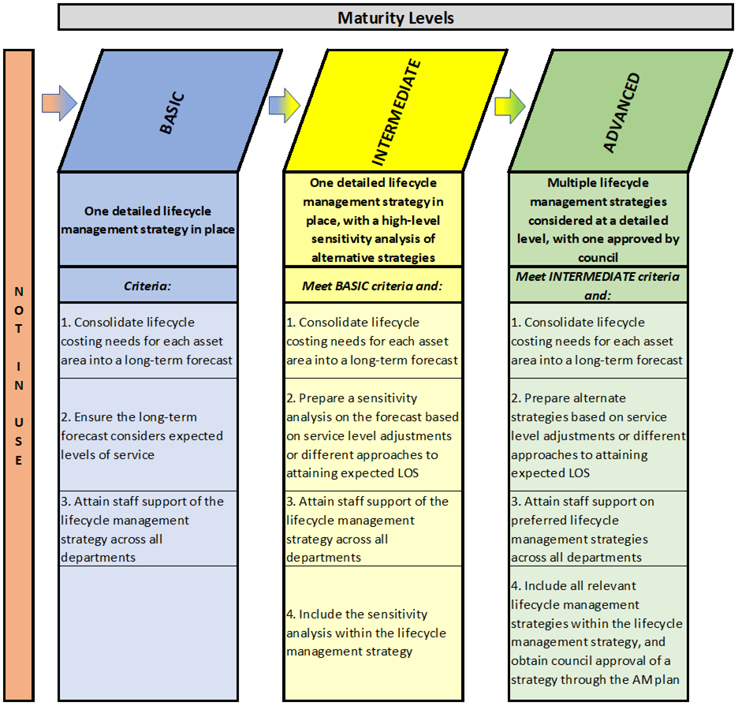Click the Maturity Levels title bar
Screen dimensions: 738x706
click(395, 17)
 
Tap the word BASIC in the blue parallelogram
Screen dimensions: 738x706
click(172, 113)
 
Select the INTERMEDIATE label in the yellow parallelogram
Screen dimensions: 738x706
click(397, 112)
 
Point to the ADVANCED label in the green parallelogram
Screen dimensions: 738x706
click(622, 113)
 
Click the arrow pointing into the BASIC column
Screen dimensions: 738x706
click(59, 103)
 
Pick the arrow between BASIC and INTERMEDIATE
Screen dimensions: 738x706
click(285, 106)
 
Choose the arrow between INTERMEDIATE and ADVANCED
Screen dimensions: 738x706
click(509, 106)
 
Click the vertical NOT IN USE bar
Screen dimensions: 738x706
click(19, 375)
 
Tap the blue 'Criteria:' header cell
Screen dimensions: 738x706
click(147, 286)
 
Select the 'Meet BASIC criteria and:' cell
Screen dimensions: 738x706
click(373, 286)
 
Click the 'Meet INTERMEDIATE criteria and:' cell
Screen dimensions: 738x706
click(598, 286)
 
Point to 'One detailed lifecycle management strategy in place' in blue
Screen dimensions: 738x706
click(147, 219)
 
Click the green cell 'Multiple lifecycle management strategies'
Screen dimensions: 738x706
click(598, 219)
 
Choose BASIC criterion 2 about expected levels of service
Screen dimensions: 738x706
click(147, 435)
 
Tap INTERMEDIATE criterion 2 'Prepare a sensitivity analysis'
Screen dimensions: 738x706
click(373, 435)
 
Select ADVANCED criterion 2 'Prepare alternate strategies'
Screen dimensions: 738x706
click(598, 435)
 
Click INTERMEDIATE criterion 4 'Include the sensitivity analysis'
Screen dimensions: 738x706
click(373, 633)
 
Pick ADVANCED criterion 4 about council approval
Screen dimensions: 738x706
click(598, 633)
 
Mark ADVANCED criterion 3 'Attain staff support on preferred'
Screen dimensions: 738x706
click(598, 529)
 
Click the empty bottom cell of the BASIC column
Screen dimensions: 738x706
click(147, 633)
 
